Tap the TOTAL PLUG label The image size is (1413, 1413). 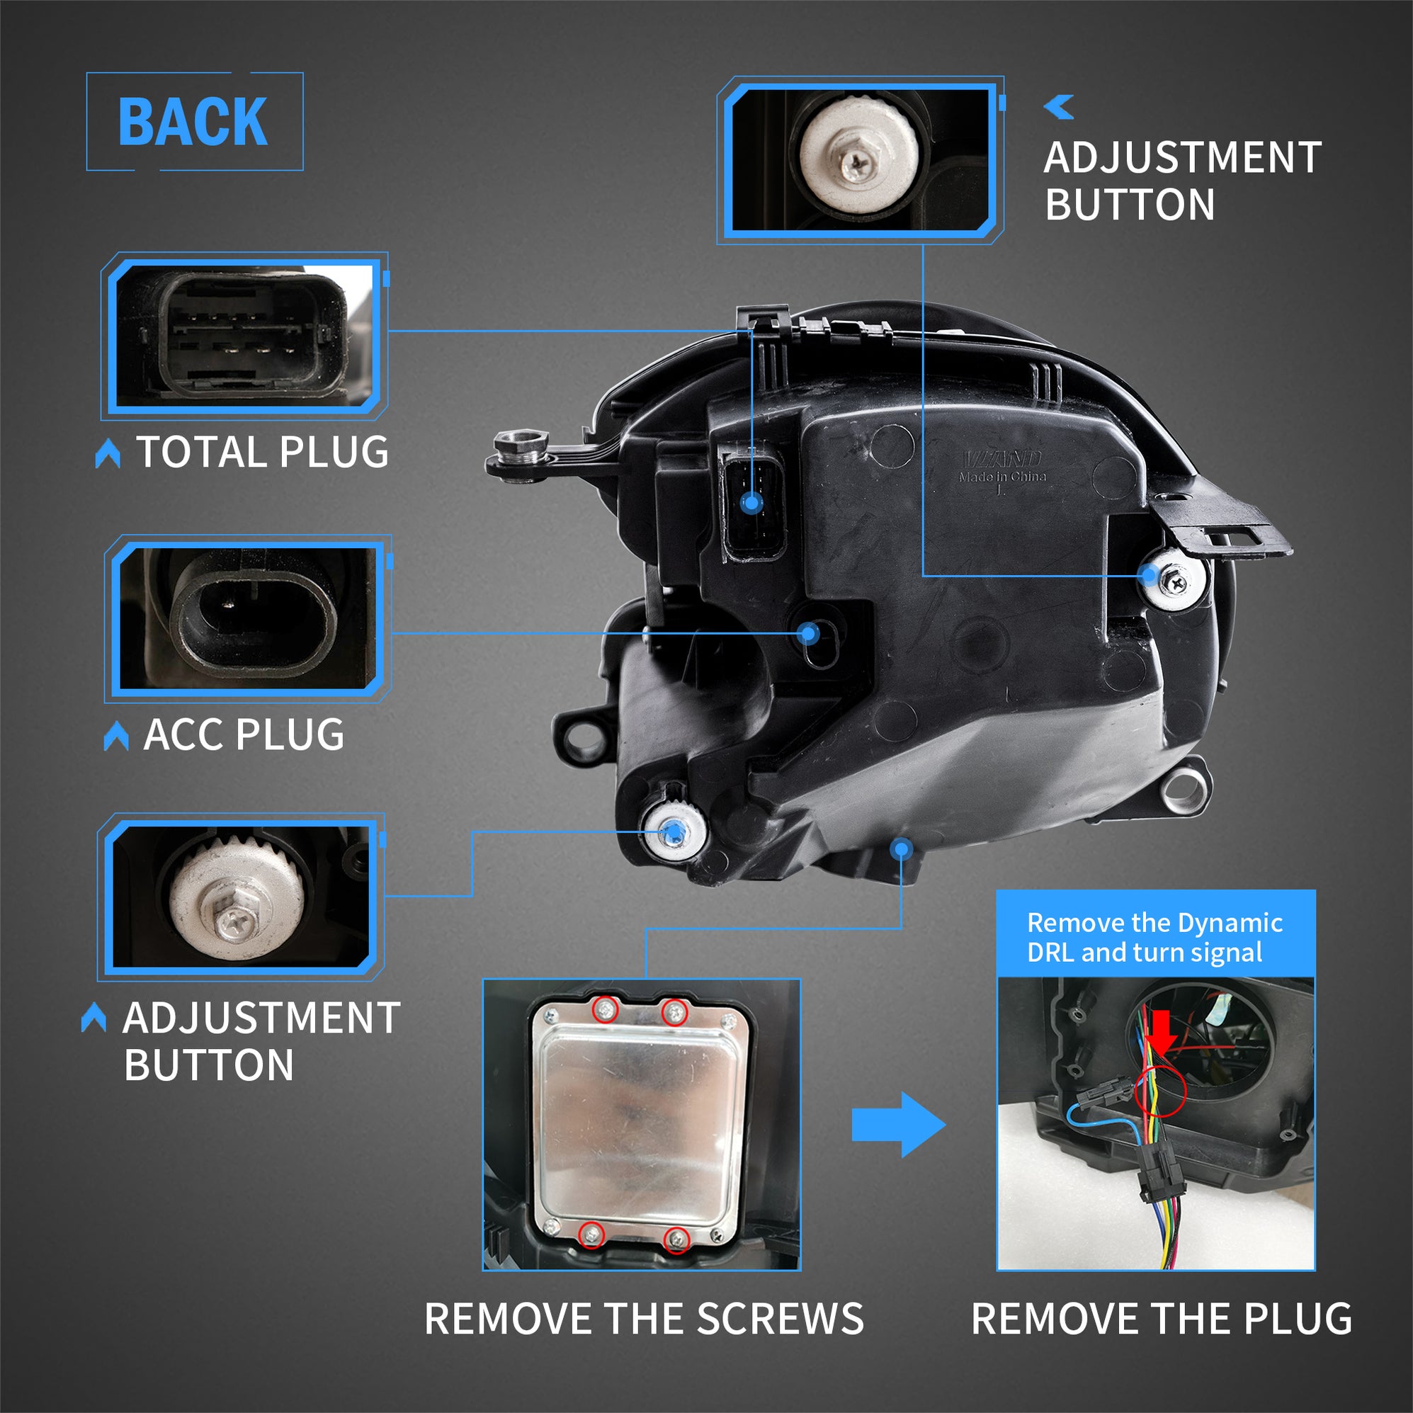click(x=262, y=452)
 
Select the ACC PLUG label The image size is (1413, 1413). click(x=244, y=734)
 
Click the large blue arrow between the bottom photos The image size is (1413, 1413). click(x=898, y=1125)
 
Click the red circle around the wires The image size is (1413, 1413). click(x=1161, y=1090)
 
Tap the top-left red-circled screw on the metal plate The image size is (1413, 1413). click(x=605, y=1011)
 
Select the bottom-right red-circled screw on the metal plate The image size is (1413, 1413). click(x=677, y=1239)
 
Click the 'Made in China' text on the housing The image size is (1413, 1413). click(x=1002, y=477)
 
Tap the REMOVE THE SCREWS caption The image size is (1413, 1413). click(x=644, y=1319)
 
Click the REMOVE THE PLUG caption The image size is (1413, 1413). click(x=1162, y=1319)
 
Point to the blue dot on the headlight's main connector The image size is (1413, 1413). click(x=751, y=502)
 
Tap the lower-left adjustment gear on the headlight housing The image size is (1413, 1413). click(x=674, y=832)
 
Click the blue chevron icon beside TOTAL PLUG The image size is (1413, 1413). click(x=108, y=453)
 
